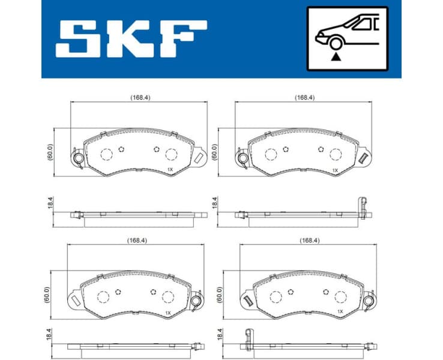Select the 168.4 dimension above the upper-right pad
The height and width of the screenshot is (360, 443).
[304, 97]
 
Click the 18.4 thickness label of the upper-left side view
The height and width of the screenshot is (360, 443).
[50, 203]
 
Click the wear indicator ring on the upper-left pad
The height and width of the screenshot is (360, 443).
[77, 158]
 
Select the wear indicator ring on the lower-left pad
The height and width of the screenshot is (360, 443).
[196, 302]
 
